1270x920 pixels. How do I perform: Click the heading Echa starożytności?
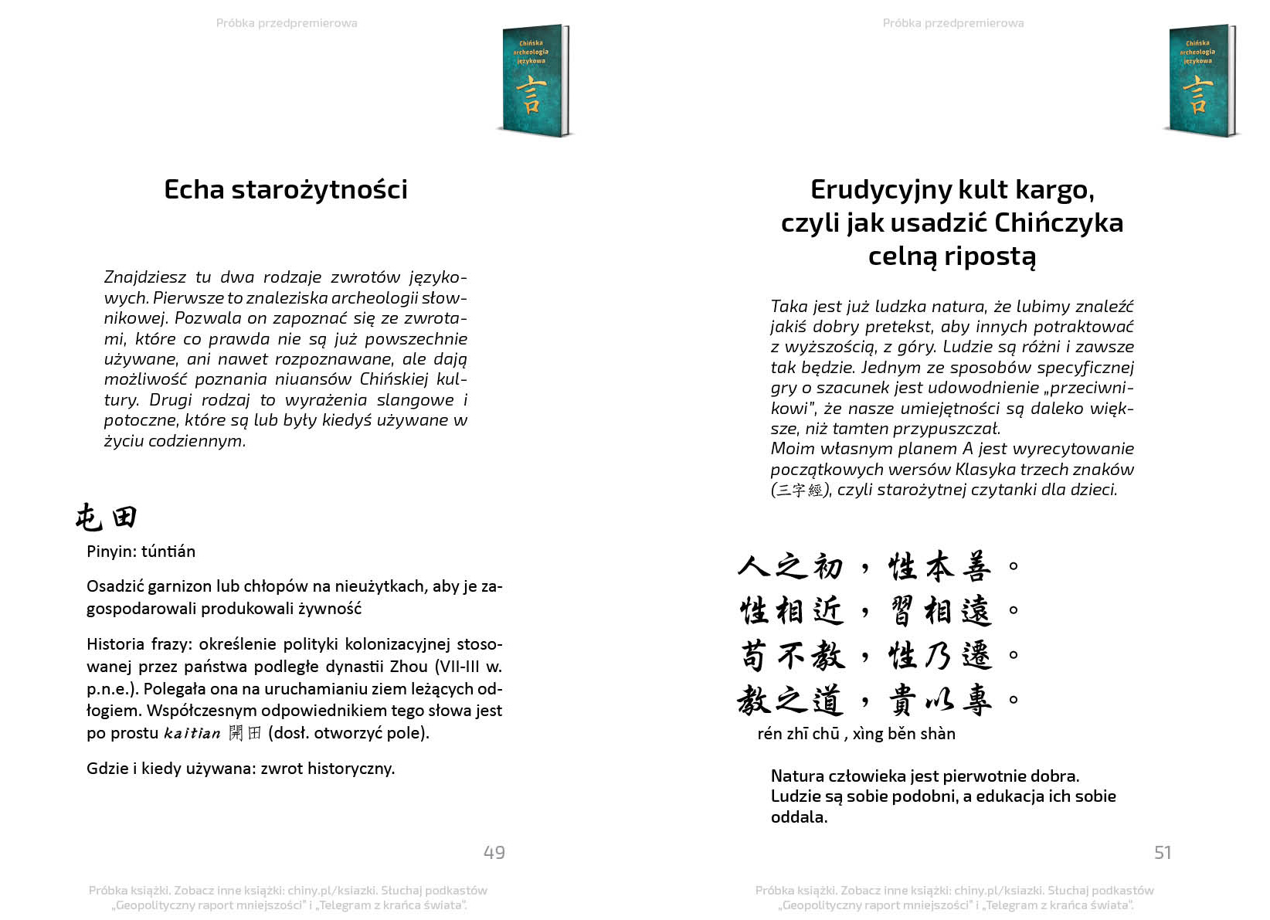pos(286,190)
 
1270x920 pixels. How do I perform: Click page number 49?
pos(494,852)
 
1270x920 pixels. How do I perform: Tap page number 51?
pos(1162,852)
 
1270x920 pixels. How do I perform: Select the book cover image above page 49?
pos(535,80)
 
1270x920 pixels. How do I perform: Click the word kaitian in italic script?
pos(192,733)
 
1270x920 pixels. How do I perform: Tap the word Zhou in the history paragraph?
pos(409,667)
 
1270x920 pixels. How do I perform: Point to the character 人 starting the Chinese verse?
pos(753,566)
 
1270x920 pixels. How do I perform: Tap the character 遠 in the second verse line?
pos(976,612)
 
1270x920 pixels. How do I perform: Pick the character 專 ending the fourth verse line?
pos(976,701)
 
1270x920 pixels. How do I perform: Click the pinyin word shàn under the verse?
pos(937,734)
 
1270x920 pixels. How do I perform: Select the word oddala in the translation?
pos(797,817)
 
